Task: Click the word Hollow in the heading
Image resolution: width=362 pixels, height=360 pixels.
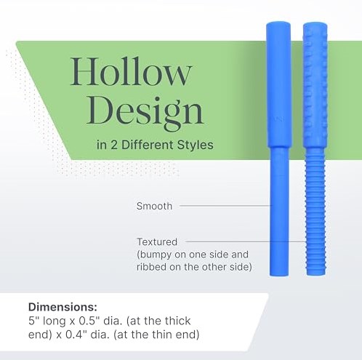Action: tap(131, 71)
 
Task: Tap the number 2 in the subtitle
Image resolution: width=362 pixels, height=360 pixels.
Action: tap(113, 145)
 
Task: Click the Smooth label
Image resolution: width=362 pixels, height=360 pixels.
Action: tap(154, 206)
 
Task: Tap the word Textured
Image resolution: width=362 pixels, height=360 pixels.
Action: tap(157, 241)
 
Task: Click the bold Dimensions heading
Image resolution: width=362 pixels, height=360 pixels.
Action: tap(63, 307)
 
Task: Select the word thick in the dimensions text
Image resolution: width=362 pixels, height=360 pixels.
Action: tap(178, 321)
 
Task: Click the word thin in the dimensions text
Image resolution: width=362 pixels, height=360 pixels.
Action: tap(162, 335)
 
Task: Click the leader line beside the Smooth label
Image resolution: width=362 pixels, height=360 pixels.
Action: tap(225, 206)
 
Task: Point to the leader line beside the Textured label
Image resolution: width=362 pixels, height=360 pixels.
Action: tap(246, 241)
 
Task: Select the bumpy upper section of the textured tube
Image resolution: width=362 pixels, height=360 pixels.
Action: tap(315, 85)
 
